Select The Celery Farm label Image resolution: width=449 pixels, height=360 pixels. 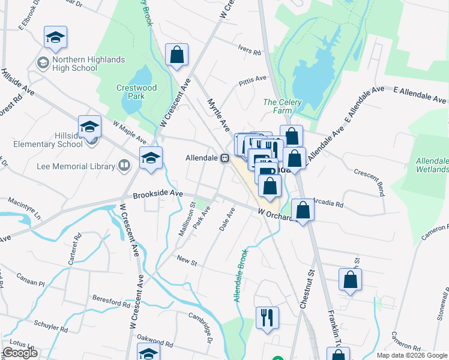pos(282,106)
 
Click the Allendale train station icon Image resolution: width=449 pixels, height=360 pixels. pos(224,158)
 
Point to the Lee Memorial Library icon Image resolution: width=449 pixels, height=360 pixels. pos(124,164)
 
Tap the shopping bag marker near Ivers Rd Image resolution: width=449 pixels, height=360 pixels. pos(177,56)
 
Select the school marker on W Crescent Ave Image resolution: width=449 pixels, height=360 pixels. pos(151,158)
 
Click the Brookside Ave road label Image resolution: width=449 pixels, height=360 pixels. pos(157,194)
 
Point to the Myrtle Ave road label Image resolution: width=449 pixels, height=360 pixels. pos(218,116)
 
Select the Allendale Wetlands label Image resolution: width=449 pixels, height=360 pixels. pos(432,166)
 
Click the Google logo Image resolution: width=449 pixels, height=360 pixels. pos(20,353)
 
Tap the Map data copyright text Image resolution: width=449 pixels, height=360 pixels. pos(411,355)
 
